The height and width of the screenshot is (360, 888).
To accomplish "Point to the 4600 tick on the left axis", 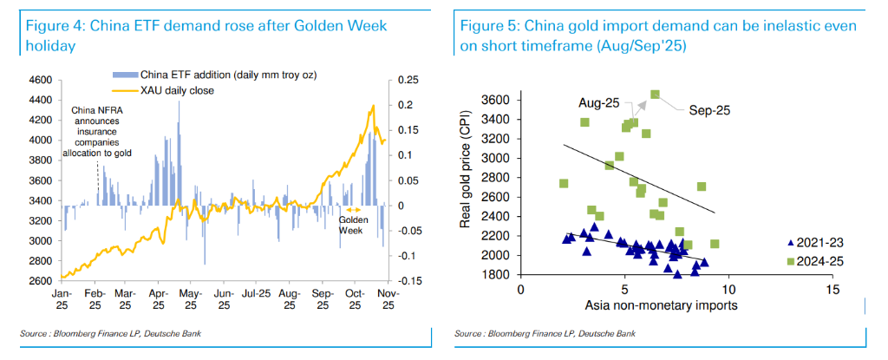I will click(40, 80).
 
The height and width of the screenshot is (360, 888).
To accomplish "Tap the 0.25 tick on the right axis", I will click(408, 80).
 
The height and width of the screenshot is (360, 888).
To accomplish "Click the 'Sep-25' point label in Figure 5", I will click(710, 110).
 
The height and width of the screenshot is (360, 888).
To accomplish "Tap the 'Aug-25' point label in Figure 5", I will click(597, 102).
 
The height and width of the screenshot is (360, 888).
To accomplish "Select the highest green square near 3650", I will click(655, 95).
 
